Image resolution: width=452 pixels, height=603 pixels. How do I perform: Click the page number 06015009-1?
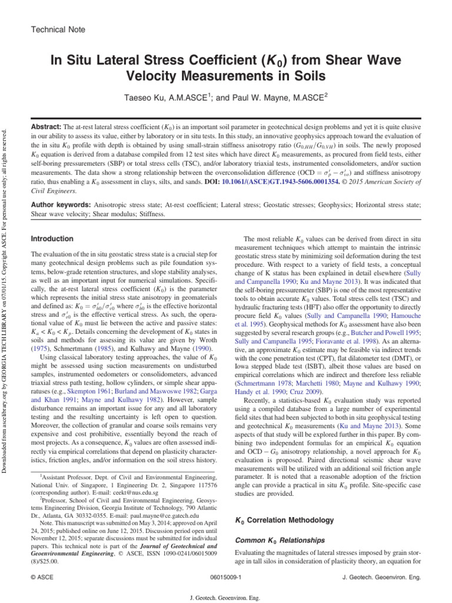pos(225,578)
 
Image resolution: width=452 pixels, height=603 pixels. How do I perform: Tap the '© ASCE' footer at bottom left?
pos(42,578)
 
